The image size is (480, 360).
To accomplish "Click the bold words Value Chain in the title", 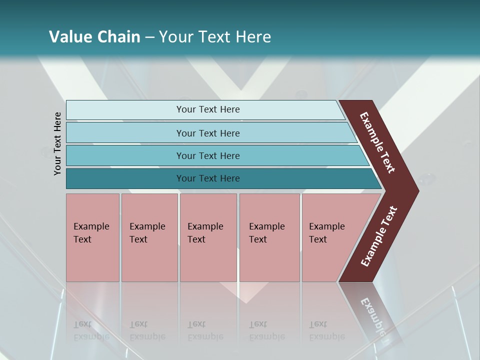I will pyautogui.click(x=94, y=37).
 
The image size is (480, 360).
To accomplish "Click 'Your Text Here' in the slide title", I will pyautogui.click(x=215, y=37).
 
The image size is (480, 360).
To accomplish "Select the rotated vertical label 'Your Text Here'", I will pyautogui.click(x=57, y=143).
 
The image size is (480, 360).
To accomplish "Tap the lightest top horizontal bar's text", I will pyautogui.click(x=208, y=109).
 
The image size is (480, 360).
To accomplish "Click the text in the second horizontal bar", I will pyautogui.click(x=208, y=133).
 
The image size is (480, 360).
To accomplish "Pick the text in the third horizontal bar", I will pyautogui.click(x=208, y=156).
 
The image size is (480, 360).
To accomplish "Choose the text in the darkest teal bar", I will pyautogui.click(x=208, y=178).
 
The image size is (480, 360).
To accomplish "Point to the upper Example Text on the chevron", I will pyautogui.click(x=377, y=142).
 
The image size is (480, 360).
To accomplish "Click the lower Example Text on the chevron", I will pyautogui.click(x=379, y=236).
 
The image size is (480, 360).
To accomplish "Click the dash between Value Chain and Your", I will pyautogui.click(x=149, y=37).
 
